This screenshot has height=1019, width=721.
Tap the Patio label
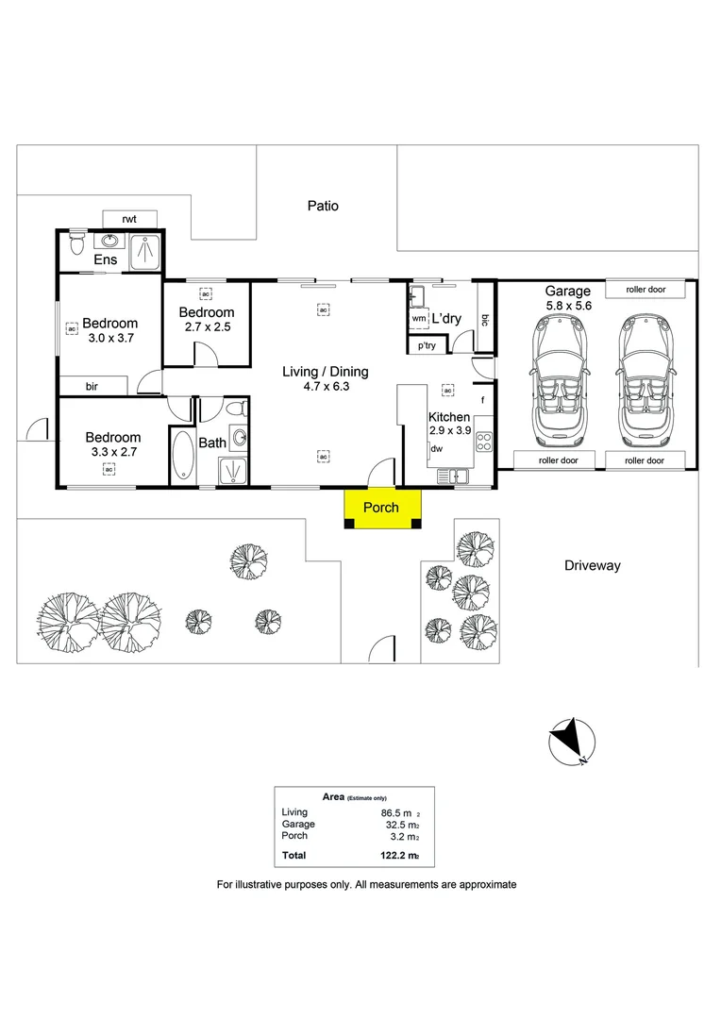323,206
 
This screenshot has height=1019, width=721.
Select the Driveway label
592,565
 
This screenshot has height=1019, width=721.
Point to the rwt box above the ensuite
129,219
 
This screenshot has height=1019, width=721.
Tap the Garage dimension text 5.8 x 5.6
567,307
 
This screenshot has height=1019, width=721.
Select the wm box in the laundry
418,320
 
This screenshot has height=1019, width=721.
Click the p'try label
427,346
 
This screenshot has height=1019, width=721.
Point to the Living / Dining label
326,372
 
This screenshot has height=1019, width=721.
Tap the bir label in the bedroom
92,386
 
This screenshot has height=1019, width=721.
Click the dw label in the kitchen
436,449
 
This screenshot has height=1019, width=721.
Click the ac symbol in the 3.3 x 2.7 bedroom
109,469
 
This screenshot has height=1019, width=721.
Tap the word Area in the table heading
333,796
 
